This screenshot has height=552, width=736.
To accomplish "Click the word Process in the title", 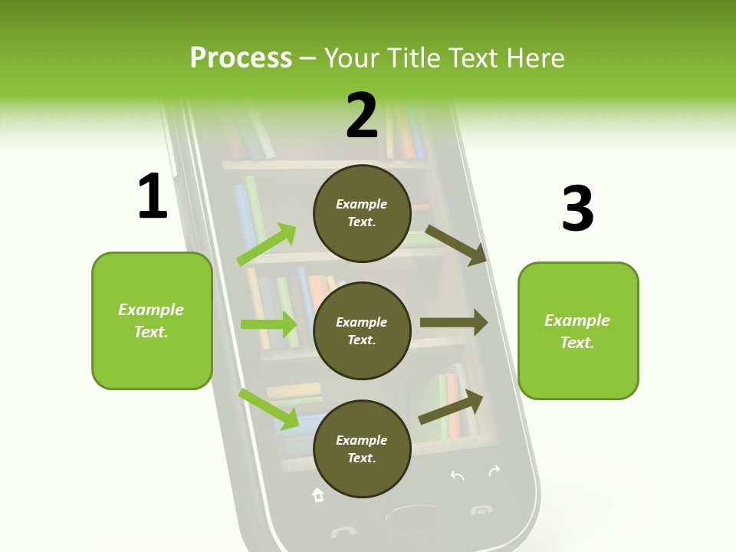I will [x=241, y=58].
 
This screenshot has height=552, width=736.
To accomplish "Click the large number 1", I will [x=153, y=197].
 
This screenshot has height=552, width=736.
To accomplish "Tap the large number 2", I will [x=362, y=116].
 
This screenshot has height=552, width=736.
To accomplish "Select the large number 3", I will [x=577, y=209].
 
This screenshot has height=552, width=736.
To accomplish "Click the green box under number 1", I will [x=152, y=320].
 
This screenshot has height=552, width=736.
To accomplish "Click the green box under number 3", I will [x=578, y=330].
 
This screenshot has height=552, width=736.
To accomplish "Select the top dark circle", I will [x=362, y=213].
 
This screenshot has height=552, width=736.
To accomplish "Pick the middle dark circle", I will [x=362, y=330].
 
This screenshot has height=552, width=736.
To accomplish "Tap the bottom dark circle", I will [x=362, y=449].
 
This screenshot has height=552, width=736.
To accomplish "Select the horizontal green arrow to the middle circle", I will [x=269, y=324].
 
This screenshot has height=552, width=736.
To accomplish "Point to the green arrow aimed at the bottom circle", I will [x=269, y=409].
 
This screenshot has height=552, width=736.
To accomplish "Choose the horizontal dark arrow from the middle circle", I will [x=454, y=323].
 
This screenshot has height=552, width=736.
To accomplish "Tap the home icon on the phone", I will [x=317, y=495].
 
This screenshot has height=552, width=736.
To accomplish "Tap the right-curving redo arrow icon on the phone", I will [x=495, y=471].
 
